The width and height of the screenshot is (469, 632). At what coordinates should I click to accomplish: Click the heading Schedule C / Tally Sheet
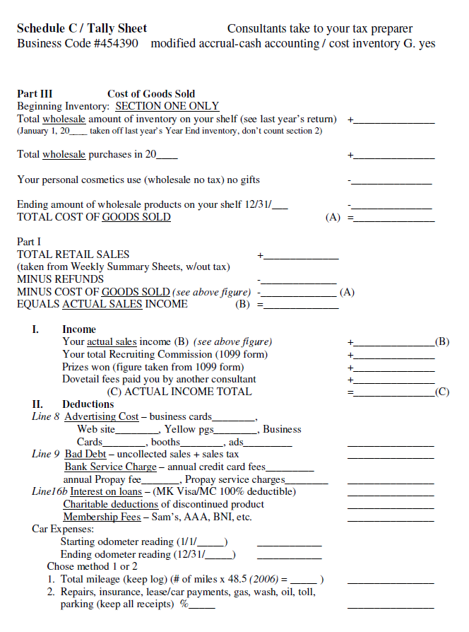click(82, 29)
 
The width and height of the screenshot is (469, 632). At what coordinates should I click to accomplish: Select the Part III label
click(35, 94)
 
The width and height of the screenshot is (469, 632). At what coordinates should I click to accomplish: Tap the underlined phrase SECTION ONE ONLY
click(167, 106)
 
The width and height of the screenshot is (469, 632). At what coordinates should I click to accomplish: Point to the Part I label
click(29, 242)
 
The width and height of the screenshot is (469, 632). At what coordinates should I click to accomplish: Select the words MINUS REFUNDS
click(59, 279)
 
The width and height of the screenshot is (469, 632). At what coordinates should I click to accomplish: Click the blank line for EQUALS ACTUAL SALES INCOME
click(301, 307)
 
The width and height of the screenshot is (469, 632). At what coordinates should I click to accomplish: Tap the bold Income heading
click(79, 329)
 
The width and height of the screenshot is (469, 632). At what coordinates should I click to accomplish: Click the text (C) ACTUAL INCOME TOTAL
click(179, 392)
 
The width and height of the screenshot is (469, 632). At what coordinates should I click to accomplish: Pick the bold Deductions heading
click(88, 404)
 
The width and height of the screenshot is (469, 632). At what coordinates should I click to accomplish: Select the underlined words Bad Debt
click(85, 455)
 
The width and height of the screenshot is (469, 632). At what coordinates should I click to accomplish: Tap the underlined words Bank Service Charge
click(110, 467)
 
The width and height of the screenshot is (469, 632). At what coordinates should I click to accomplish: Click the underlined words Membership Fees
click(102, 517)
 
